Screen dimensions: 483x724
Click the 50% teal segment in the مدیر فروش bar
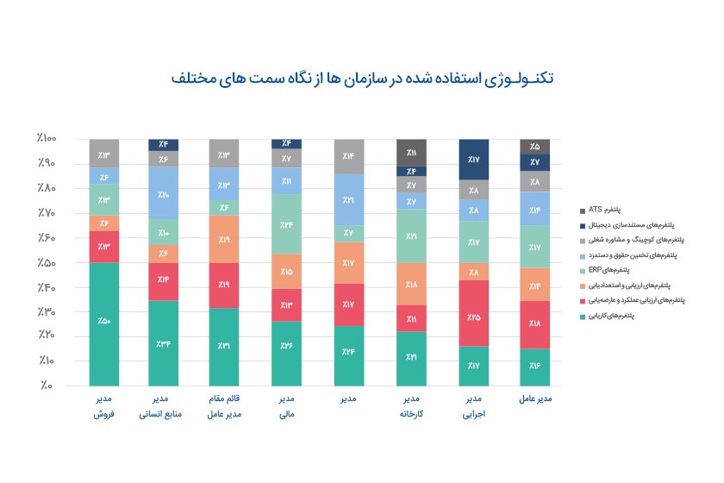[x=103, y=323]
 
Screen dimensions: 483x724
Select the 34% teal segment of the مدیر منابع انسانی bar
[x=164, y=343]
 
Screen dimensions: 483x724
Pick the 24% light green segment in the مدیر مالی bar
[x=287, y=224]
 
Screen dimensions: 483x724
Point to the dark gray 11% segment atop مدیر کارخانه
[x=412, y=152]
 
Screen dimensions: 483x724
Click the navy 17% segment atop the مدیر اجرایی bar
[x=473, y=160]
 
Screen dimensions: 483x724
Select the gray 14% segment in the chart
[x=348, y=156]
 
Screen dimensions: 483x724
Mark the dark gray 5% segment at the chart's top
[x=534, y=147]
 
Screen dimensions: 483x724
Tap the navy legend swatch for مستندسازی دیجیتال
[x=583, y=225]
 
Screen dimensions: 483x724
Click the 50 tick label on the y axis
[x=45, y=262]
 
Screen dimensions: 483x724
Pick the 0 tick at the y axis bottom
[x=45, y=386]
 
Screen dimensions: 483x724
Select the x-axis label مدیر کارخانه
[x=412, y=406]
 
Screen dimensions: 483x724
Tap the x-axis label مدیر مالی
[x=287, y=406]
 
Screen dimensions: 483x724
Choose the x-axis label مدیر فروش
[x=103, y=406]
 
